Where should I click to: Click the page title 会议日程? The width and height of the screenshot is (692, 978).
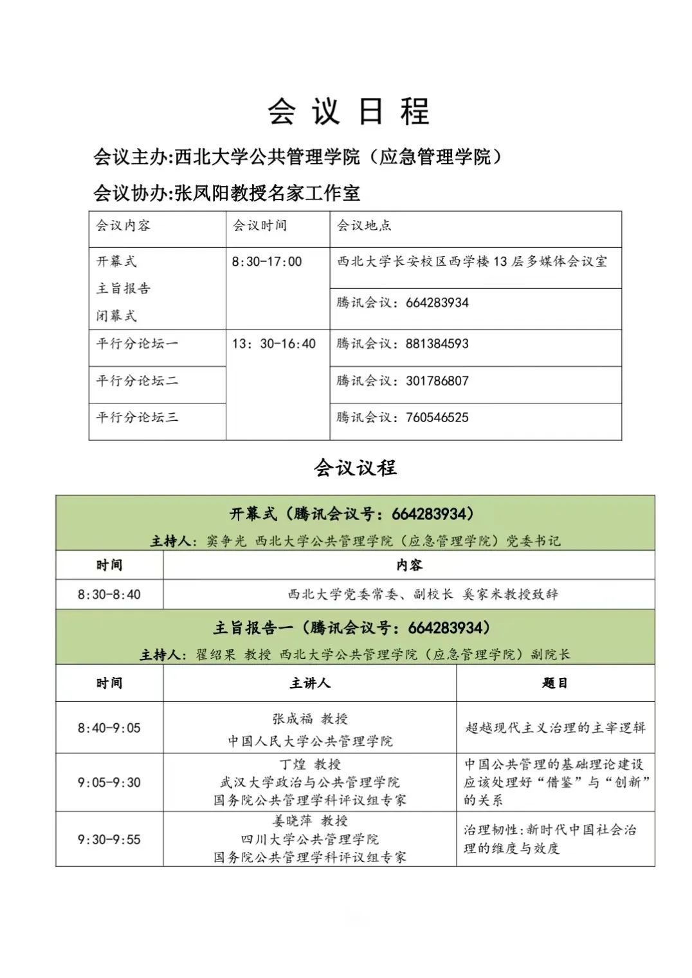[349, 112]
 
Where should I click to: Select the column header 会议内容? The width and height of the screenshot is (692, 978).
[123, 226]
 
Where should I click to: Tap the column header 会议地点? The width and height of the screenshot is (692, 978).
[364, 226]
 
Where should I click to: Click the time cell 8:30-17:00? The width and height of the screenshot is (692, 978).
[267, 262]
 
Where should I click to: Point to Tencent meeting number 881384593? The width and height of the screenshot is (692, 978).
[437, 344]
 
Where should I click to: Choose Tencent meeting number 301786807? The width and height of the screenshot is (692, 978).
[437, 381]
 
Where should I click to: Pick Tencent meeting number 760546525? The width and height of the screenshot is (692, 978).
[437, 418]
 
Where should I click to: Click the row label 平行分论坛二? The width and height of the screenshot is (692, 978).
[137, 381]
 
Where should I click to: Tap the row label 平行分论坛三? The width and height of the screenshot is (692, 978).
[137, 418]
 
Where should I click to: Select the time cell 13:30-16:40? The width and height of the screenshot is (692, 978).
[274, 344]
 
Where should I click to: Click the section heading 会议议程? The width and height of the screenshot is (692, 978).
[355, 468]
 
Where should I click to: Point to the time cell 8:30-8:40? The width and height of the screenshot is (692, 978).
[109, 595]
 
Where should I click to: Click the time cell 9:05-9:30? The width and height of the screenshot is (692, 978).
[109, 782]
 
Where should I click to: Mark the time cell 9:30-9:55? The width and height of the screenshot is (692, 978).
[109, 839]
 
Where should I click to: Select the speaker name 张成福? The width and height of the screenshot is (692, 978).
[293, 719]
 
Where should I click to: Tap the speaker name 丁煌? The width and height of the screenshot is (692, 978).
[293, 764]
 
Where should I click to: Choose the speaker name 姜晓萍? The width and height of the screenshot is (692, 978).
[292, 821]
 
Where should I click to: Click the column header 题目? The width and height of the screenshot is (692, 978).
[555, 683]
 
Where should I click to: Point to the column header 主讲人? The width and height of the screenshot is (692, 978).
[310, 683]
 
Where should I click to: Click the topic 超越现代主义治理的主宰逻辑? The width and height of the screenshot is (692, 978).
[555, 728]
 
